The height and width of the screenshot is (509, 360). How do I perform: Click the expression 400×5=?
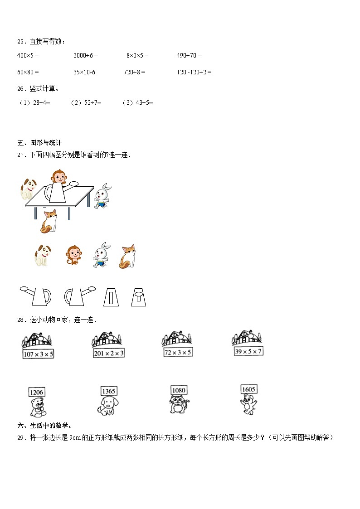(x=28, y=55)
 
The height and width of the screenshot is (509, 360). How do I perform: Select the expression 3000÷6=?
(x=86, y=55)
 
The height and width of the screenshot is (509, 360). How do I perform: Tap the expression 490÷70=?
(x=189, y=55)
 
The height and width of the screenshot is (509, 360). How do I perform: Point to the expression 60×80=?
(x=28, y=72)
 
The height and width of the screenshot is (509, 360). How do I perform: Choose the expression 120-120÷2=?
(x=194, y=72)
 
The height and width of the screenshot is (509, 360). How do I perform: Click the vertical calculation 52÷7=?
(x=86, y=102)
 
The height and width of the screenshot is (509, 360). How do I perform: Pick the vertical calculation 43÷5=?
(x=138, y=102)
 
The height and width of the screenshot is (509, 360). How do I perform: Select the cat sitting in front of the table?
(x=49, y=221)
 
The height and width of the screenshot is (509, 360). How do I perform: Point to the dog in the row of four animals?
(x=43, y=255)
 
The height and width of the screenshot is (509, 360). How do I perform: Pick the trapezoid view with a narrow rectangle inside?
(x=111, y=296)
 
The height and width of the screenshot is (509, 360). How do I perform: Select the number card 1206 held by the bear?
(x=37, y=392)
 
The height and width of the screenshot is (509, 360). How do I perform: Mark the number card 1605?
(x=249, y=389)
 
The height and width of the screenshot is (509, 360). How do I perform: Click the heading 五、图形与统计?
(x=39, y=143)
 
